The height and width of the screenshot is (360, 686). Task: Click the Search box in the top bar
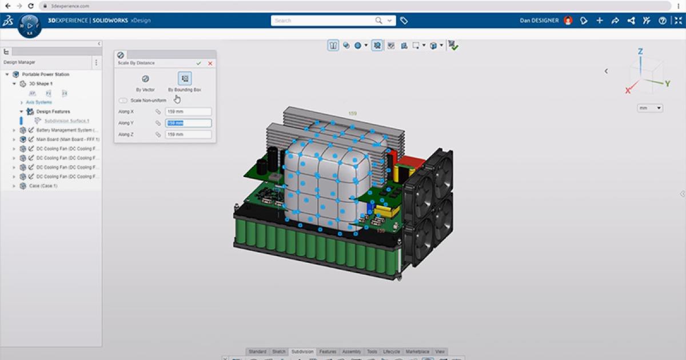tap(323, 21)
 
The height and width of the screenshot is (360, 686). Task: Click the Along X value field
tap(188, 112)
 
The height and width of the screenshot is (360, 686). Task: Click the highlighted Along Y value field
tap(188, 123)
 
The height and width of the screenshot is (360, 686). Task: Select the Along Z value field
tap(188, 134)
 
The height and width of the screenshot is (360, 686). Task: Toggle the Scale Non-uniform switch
tap(123, 101)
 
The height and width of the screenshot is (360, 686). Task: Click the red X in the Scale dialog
tap(210, 63)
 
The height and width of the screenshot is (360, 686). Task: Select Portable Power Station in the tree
tap(45, 74)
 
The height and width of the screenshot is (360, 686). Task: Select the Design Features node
tap(53, 111)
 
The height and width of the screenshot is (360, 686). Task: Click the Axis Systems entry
tap(39, 102)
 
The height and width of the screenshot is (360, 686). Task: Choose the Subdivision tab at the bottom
tap(302, 351)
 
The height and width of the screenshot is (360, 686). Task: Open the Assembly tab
tap(351, 351)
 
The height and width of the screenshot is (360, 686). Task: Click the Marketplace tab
tap(417, 351)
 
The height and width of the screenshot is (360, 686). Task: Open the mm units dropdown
tap(651, 108)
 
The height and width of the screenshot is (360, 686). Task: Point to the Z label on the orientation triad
tap(640, 51)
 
